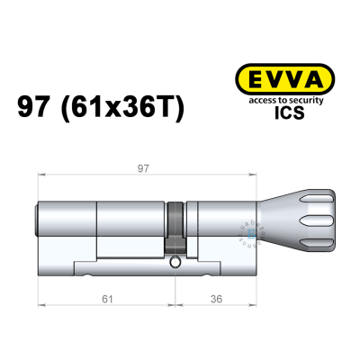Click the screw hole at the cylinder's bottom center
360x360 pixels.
(175, 263)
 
